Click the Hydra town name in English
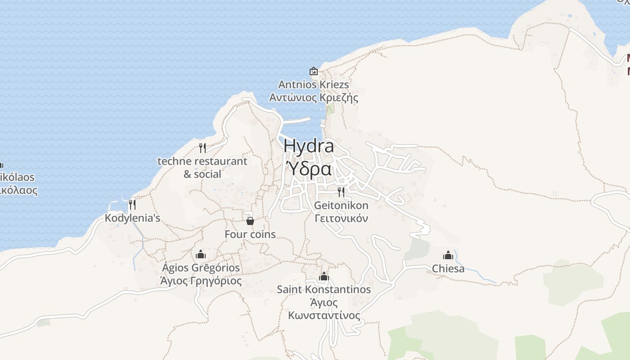coord(309,146)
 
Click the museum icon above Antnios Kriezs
coord(314,71)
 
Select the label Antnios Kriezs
coord(314,85)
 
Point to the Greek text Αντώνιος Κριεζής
coord(314,98)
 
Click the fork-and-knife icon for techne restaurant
coord(202,148)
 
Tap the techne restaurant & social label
coord(202,167)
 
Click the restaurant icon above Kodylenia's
coord(132,205)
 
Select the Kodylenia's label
coord(132,218)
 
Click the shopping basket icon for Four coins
coord(250,220)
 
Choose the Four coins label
coord(250,234)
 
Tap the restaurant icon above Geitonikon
coord(341,192)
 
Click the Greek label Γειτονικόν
coord(341,219)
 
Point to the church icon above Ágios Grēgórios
coord(201,254)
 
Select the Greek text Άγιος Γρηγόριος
coord(201,281)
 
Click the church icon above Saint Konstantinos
coord(324,276)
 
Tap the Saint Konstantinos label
coord(324,289)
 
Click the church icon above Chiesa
coord(448,255)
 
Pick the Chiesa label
coord(448,269)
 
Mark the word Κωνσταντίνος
coord(324,315)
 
